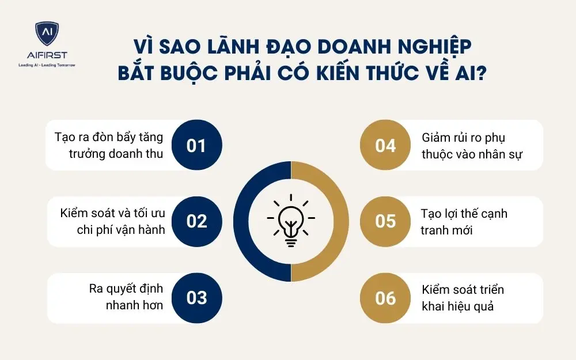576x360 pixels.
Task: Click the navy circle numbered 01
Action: [x=196, y=145]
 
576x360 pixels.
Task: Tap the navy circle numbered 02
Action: [x=196, y=221]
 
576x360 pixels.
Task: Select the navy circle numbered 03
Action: [x=196, y=298]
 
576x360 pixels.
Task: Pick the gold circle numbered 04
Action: [x=385, y=145]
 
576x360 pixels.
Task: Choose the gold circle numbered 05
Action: [x=385, y=221]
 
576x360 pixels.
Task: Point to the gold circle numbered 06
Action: [x=385, y=298]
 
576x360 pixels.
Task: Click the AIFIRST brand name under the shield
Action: [x=47, y=55]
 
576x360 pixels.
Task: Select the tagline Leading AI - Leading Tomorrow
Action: [x=47, y=65]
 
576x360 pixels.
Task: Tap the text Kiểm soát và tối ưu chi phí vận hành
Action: [x=112, y=222]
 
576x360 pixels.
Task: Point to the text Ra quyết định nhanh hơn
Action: [x=126, y=297]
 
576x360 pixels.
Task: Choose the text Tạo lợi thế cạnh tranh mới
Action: [x=464, y=222]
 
